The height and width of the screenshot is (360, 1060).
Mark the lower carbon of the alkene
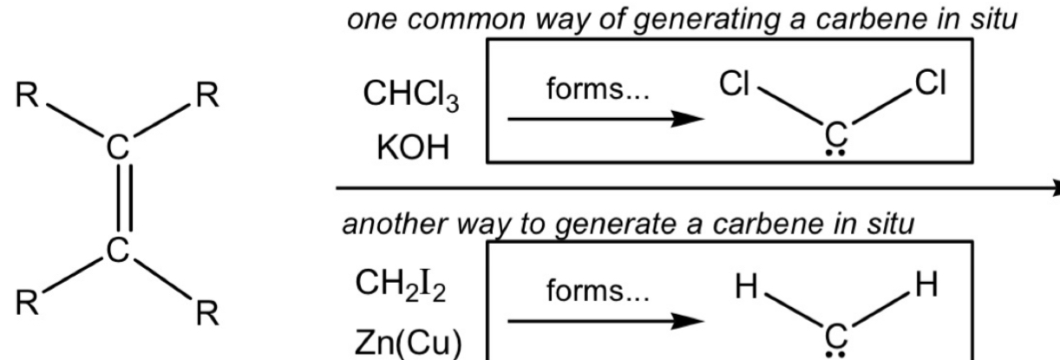pyautogui.click(x=117, y=254)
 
